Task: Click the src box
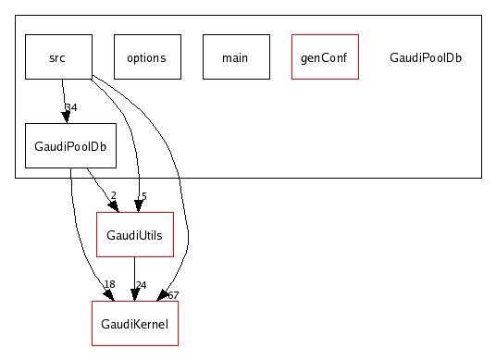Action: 57,57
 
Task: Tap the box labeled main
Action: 235,57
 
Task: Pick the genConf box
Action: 324,57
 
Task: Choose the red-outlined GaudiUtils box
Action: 135,235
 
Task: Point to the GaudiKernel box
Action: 135,323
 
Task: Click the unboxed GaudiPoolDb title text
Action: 426,57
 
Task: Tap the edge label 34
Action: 71,108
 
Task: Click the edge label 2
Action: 113,196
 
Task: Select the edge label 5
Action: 143,196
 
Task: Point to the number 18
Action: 109,284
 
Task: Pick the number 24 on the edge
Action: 141,284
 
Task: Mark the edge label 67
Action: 173,294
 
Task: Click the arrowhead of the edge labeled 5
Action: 139,205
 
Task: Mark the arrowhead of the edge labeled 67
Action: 165,295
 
